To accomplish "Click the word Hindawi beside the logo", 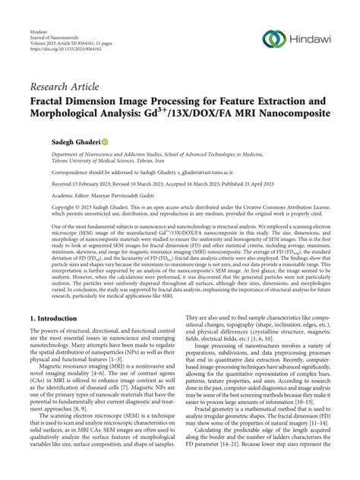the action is click(x=312, y=39).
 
